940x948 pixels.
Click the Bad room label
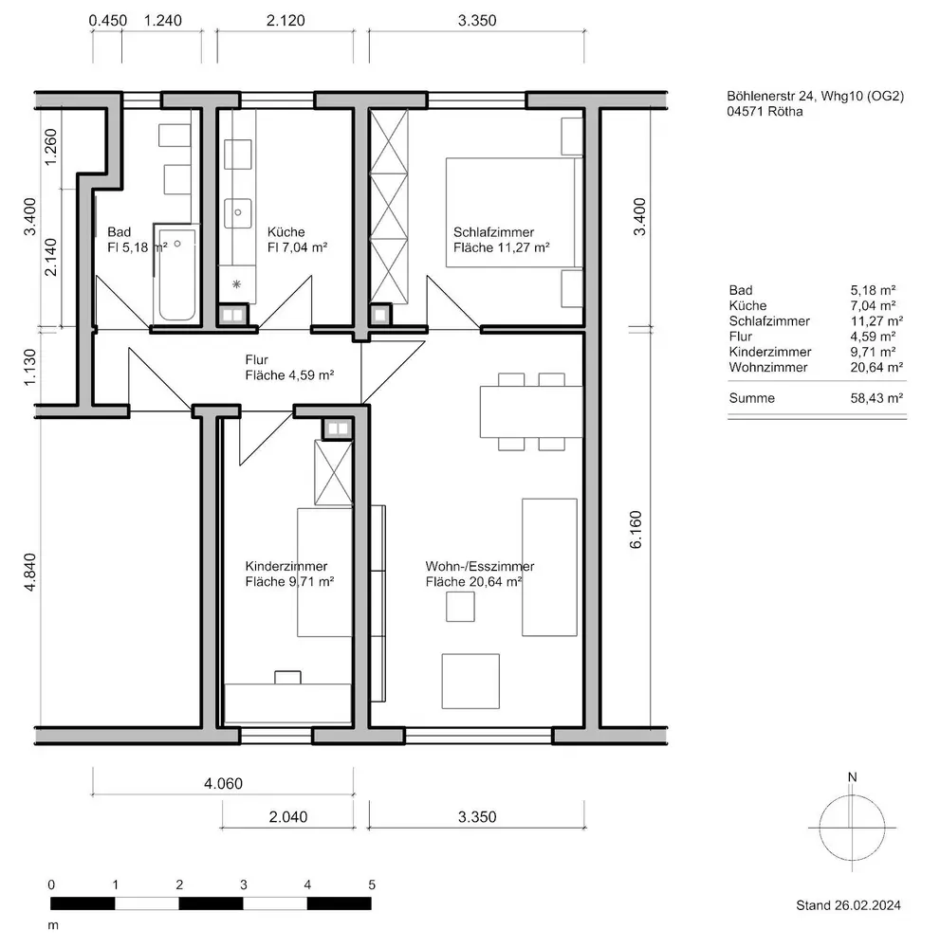tap(120, 231)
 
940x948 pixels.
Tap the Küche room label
tap(286, 231)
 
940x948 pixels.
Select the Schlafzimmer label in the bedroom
tap(493, 232)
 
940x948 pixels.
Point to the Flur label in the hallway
tap(256, 359)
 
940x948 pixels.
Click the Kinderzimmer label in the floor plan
tap(286, 567)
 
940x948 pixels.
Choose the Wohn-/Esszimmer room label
tap(480, 567)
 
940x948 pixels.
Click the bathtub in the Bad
tap(176, 273)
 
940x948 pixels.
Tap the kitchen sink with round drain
tap(238, 212)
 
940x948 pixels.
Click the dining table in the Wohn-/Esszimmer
tap(531, 411)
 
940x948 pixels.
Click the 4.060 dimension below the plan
tap(223, 784)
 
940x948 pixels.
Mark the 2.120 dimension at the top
tap(286, 21)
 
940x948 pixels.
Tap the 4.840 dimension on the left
tap(30, 572)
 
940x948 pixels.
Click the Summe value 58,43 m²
tap(876, 398)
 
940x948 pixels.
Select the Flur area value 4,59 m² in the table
tap(874, 337)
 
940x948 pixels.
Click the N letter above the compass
tap(853, 777)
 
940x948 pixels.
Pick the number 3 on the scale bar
tap(243, 885)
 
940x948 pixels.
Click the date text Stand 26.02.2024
tap(848, 905)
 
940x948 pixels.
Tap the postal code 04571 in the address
tap(745, 111)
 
